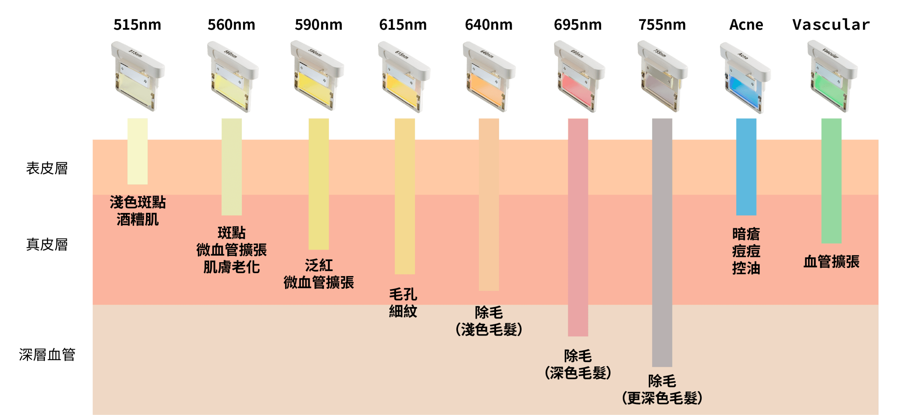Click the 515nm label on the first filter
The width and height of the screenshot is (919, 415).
[135, 53]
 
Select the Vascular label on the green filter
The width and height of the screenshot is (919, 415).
[830, 54]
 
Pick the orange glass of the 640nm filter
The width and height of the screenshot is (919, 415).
[485, 88]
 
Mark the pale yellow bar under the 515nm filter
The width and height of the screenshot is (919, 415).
[137, 151]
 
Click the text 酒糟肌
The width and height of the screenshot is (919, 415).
[137, 220]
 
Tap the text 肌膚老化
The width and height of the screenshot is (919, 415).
[232, 267]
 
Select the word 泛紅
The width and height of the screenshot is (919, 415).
[319, 266]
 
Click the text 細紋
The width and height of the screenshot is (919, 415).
[403, 311]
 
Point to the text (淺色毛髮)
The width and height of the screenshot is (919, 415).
[489, 330]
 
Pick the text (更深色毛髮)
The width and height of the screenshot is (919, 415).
[662, 398]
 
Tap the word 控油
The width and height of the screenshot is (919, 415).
[746, 268]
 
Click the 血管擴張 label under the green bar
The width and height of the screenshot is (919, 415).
[831, 262]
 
